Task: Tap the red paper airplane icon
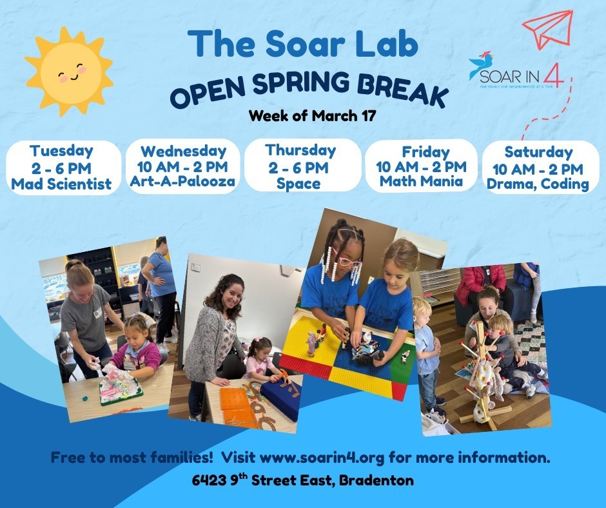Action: click(x=547, y=30)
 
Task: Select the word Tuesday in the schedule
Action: click(x=61, y=151)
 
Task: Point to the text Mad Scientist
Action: click(x=61, y=184)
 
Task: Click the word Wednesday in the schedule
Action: click(x=183, y=152)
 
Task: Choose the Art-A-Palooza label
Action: click(x=183, y=182)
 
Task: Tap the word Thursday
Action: click(x=300, y=150)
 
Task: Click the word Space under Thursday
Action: click(x=298, y=184)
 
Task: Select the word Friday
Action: click(x=425, y=152)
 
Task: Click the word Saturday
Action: click(x=538, y=152)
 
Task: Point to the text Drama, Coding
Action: click(x=538, y=184)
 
